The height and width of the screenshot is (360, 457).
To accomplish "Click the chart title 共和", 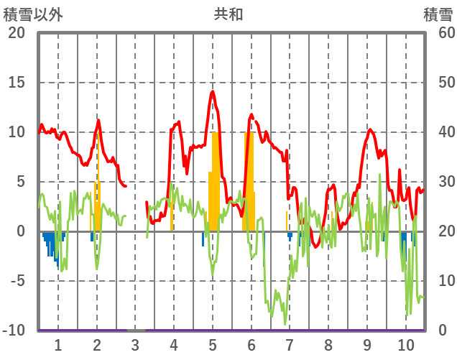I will coord(228,14).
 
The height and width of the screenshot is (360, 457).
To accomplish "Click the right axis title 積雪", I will coord(438,14).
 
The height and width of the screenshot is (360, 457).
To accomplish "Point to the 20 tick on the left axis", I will coord(17,33).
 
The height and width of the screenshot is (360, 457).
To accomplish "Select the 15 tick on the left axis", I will coord(17,83).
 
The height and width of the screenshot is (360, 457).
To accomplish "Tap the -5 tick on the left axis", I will coord(17,281).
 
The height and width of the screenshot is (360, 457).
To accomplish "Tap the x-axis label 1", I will coord(58,343).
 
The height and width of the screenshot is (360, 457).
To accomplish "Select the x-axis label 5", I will coord(213,343).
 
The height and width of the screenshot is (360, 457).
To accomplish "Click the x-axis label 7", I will coord(290,343).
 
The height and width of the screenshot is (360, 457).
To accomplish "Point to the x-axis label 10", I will coord(406,343).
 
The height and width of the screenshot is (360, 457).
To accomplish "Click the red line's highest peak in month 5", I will coord(213,92).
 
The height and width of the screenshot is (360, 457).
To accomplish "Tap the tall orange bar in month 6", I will coord(249,180).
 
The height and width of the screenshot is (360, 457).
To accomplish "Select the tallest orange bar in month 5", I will coord(215,180).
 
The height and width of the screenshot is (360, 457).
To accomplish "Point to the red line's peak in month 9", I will coord(369,130).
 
